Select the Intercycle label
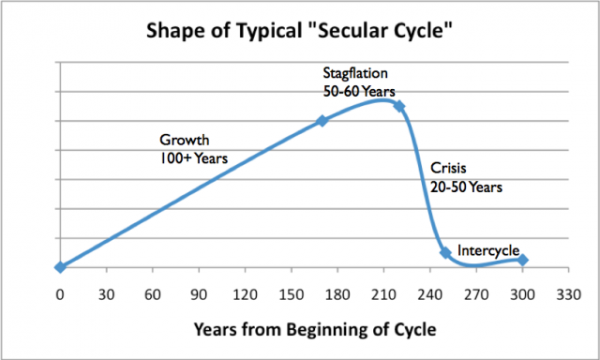[487, 248]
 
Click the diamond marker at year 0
[60, 267]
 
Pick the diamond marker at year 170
[322, 121]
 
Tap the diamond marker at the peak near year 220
[399, 106]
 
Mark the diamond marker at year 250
[445, 253]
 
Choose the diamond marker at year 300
[523, 260]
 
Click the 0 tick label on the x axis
[60, 295]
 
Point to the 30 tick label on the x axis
[106, 295]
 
